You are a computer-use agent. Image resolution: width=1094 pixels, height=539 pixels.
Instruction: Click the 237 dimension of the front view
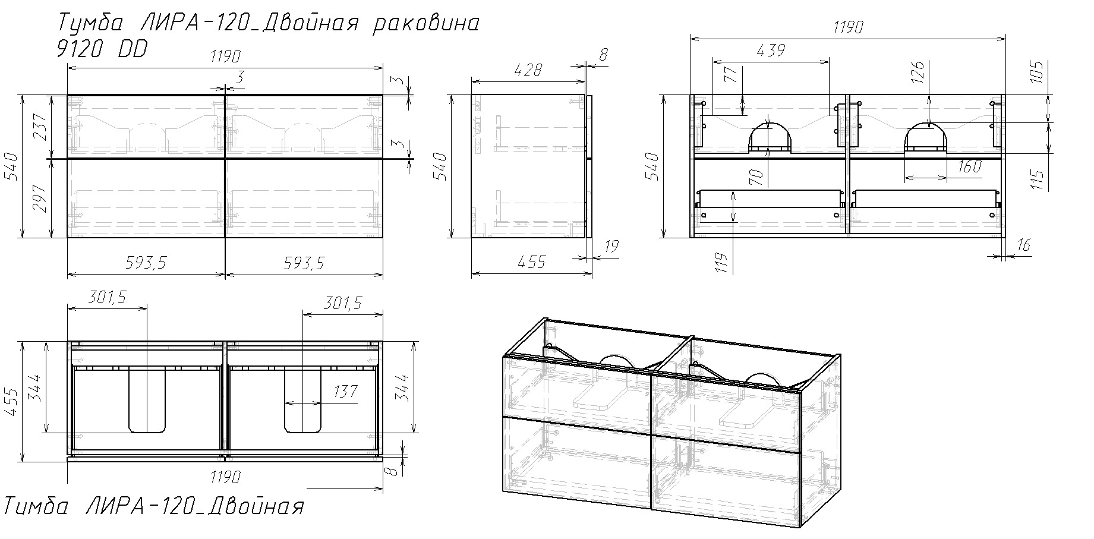tap(40, 127)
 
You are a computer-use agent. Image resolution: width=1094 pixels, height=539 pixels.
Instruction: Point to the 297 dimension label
tap(40, 198)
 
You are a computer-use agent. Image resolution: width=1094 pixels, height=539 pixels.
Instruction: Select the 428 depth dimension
tap(527, 70)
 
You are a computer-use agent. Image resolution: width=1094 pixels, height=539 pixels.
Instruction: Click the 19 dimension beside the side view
tap(613, 247)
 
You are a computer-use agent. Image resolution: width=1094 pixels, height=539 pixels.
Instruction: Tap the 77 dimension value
tap(731, 75)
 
